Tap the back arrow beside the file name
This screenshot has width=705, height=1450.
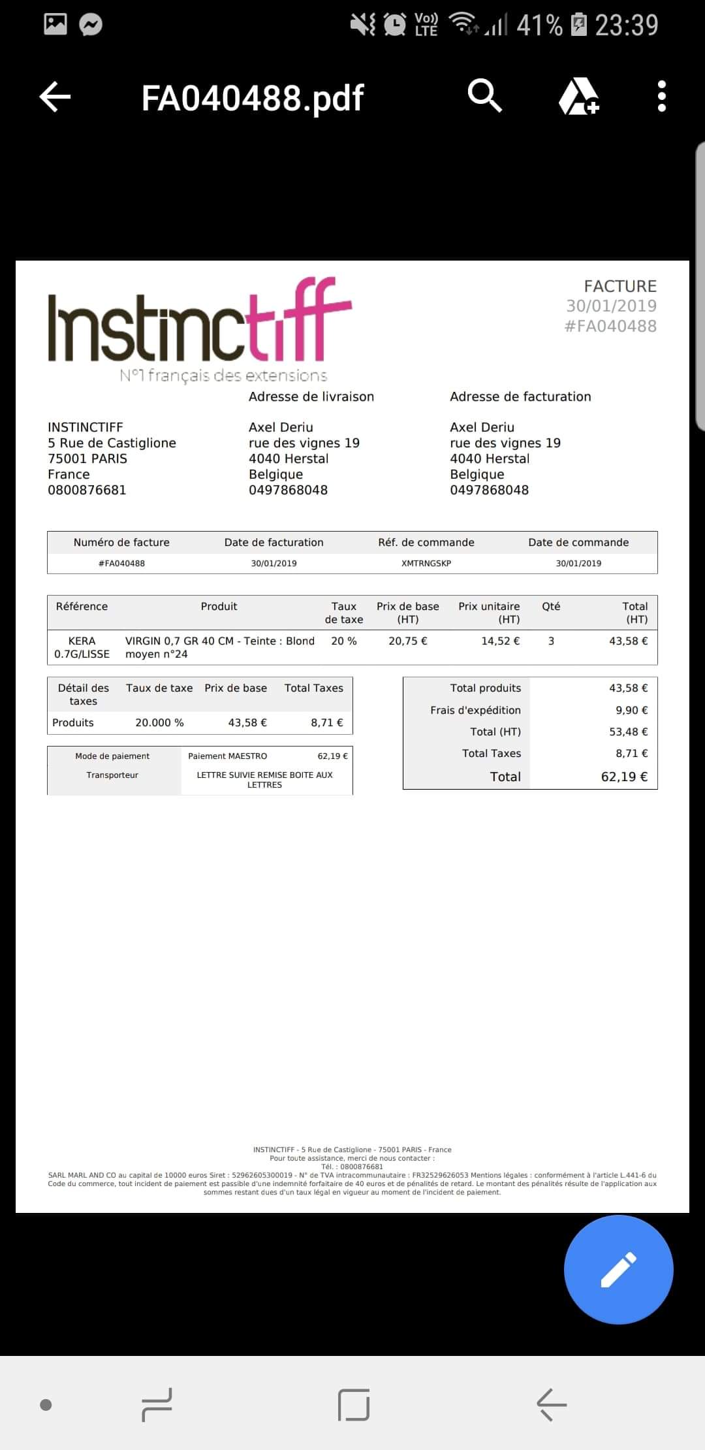pos(55,97)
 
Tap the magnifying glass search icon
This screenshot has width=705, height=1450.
pos(484,96)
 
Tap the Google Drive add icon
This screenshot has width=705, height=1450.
pos(578,97)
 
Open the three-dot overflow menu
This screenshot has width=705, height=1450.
pos(662,97)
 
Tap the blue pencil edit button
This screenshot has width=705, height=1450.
pos(618,1270)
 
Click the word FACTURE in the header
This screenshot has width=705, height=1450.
pos(620,286)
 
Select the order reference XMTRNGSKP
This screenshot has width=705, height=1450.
pos(426,563)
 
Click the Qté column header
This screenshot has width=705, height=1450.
pos(551,606)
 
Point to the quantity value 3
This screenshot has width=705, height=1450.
pos(551,641)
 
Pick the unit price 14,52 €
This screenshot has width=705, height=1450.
pos(501,641)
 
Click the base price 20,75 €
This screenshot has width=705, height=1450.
pos(408,641)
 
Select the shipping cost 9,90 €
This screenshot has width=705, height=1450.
pos(631,710)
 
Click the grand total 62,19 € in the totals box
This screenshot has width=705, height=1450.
pos(624,777)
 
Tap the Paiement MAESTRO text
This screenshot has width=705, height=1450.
pos(228,756)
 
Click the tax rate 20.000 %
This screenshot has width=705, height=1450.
pos(159,722)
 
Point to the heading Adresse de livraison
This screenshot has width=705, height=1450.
pos(311,396)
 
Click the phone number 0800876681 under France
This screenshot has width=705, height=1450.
pos(87,490)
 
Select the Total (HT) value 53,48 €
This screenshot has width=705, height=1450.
pos(628,732)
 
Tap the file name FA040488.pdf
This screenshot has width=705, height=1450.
pos(253,98)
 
